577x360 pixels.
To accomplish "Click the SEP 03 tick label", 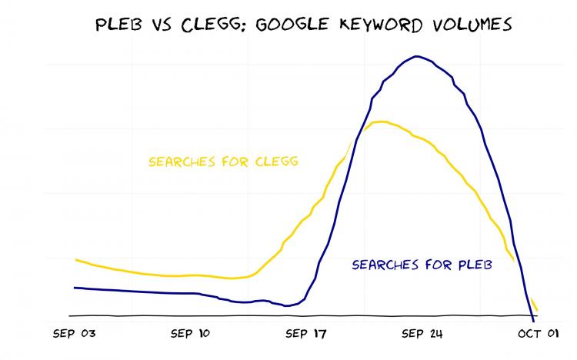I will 75,334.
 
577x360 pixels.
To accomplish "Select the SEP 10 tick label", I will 190,334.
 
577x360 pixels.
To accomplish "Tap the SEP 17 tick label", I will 305,334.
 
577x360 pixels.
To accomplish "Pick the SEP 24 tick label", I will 421,334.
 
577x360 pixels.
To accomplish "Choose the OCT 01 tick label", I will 535,334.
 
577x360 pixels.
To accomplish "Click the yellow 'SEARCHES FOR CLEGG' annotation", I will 223,162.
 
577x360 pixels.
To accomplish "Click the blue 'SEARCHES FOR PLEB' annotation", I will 421,265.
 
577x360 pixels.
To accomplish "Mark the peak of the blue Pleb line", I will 417,56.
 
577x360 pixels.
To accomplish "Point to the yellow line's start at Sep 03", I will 75,260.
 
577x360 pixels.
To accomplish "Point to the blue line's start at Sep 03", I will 75,288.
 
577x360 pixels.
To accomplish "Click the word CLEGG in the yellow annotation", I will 277,162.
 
